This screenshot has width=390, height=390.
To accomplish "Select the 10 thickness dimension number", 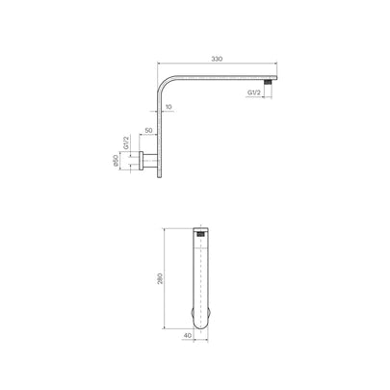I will tap(169, 107).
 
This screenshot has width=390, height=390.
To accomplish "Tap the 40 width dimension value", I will tap(190, 338).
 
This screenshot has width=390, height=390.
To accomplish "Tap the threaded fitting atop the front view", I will tap(200, 233).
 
